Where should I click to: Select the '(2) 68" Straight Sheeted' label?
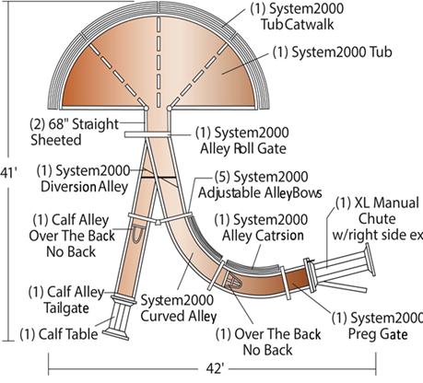[76, 131]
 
